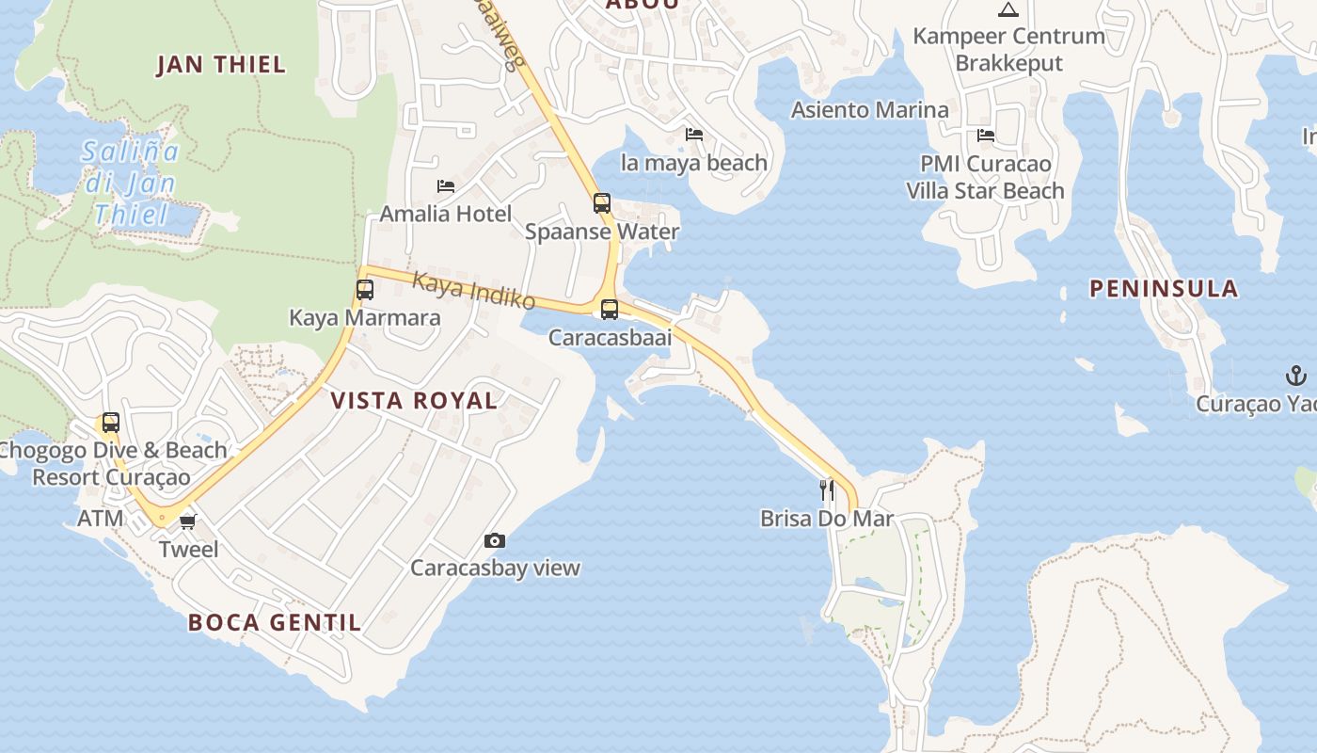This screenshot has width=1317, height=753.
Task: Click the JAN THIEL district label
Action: [x=221, y=65]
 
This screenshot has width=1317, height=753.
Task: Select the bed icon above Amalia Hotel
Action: [x=446, y=186]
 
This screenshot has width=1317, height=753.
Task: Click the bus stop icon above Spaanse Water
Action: [x=602, y=203]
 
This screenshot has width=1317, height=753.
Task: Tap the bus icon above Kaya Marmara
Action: [x=365, y=290]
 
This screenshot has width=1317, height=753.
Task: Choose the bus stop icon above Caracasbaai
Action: [x=610, y=310]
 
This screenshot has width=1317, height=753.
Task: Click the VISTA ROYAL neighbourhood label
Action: [x=414, y=400]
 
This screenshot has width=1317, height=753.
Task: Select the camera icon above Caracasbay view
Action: [x=495, y=540]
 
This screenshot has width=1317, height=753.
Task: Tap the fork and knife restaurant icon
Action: [x=827, y=489]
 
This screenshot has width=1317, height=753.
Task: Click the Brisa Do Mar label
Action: [x=827, y=519]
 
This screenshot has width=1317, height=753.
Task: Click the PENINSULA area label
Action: [x=1164, y=289]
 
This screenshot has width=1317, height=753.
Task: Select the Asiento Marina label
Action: [x=870, y=110]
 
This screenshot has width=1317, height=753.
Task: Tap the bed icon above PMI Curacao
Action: [x=986, y=136]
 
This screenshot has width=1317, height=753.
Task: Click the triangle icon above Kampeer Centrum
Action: [x=1008, y=10]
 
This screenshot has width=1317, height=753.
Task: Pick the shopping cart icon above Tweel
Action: [x=188, y=521]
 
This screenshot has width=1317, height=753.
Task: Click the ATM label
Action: [x=100, y=519]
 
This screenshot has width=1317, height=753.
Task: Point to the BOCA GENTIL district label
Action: [x=275, y=622]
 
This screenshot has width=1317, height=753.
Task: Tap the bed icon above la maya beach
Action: [x=694, y=135]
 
